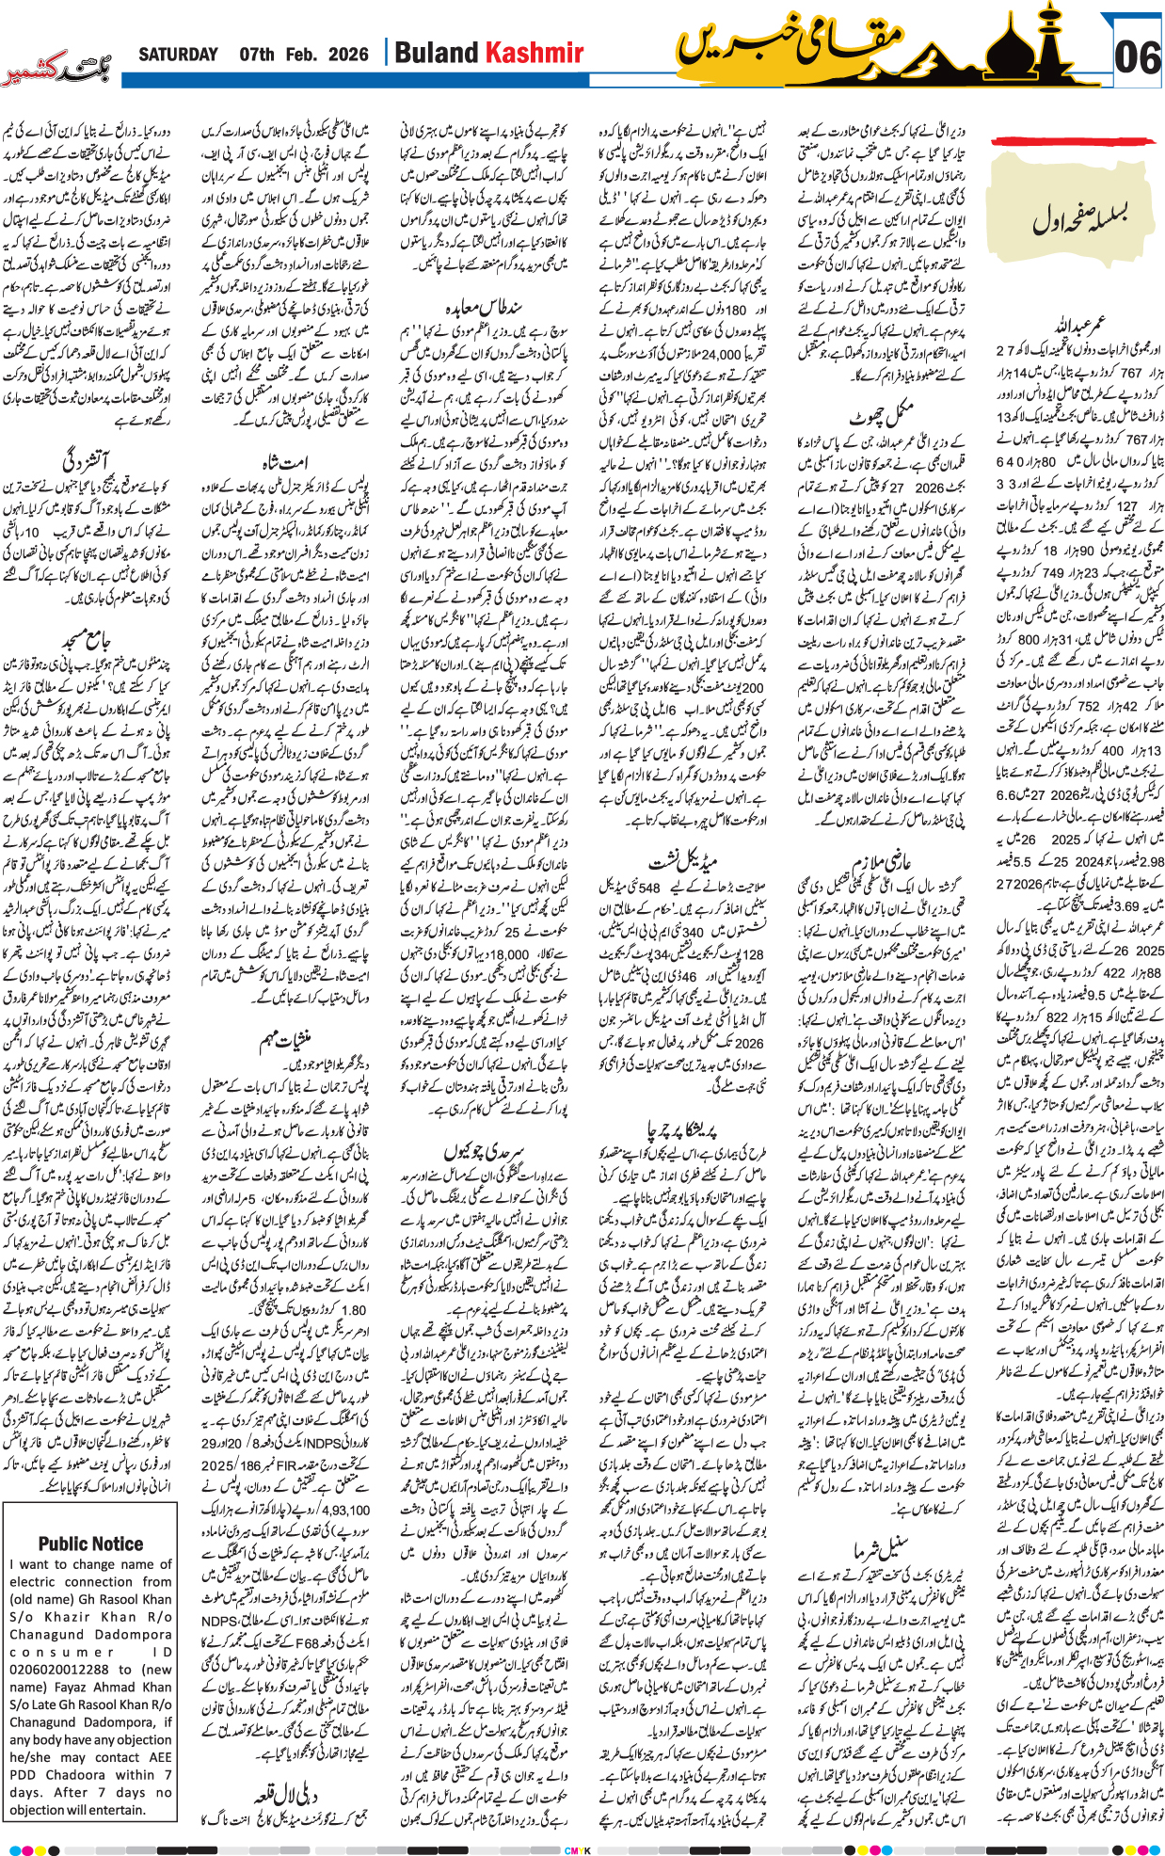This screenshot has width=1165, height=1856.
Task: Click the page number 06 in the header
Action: tap(1137, 57)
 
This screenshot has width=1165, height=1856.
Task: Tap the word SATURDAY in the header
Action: tap(178, 55)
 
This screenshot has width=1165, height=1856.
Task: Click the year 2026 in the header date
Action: tap(347, 55)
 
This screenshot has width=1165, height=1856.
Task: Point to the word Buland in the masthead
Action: tap(435, 54)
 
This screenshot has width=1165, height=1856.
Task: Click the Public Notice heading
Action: tap(90, 1544)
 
